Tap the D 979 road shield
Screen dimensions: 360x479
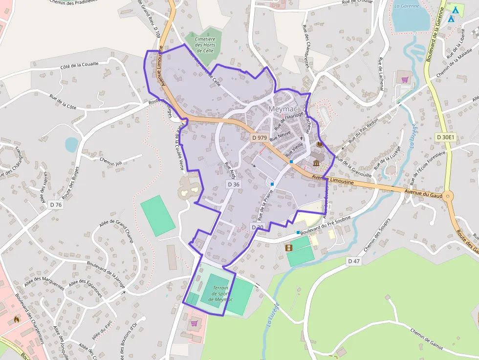click(x=259, y=138)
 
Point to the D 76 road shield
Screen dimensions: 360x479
click(x=56, y=205)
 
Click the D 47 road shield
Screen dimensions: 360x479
click(x=353, y=261)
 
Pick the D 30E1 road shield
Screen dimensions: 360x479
click(x=445, y=137)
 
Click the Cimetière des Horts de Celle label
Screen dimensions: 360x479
click(x=205, y=44)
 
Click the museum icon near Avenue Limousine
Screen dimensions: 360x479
click(x=316, y=163)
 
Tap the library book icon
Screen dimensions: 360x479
click(x=320, y=145)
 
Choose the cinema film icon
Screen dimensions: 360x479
click(x=289, y=248)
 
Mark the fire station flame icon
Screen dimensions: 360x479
click(x=17, y=319)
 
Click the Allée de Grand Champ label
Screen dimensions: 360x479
click(x=116, y=231)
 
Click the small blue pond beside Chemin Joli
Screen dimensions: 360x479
click(x=71, y=144)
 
